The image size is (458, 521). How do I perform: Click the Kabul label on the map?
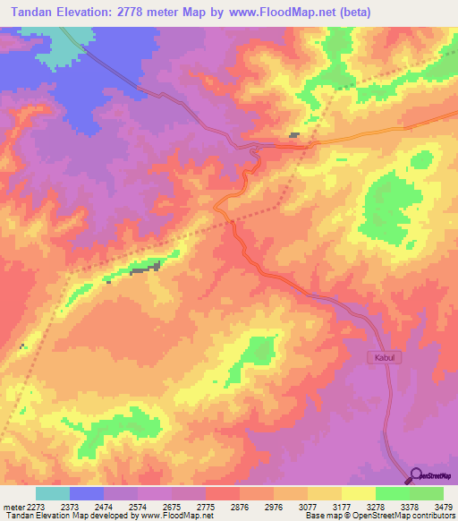380,357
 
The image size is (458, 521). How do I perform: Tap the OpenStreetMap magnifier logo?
418,474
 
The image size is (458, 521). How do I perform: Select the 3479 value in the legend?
444,506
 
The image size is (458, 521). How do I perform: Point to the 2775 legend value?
205,506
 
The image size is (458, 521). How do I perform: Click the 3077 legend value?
307,506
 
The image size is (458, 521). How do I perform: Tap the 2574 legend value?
138,506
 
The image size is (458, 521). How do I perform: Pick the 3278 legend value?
375,506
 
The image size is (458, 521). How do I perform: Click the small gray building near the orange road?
293,135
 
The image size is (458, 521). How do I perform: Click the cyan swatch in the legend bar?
53,493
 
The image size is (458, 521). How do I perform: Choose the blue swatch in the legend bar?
87,493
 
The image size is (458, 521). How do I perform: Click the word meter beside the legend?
12,506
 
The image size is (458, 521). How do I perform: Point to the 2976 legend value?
273,506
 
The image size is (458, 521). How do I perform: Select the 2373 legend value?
70,506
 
